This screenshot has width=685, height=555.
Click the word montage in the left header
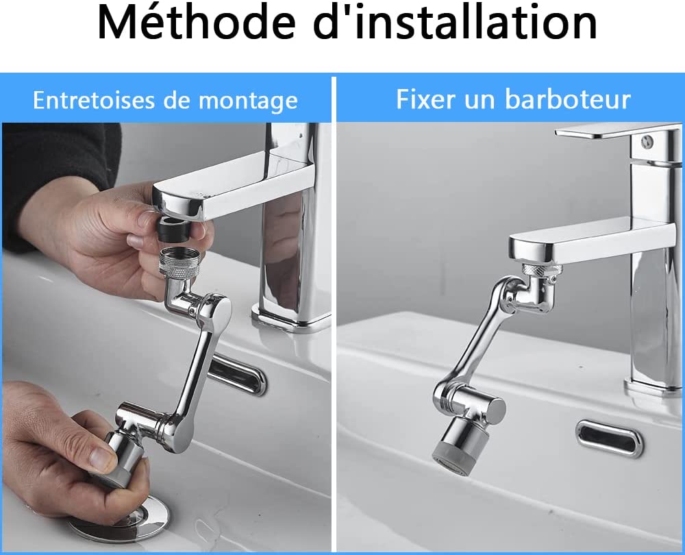coord(248,101)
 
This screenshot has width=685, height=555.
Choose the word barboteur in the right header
coord(568,99)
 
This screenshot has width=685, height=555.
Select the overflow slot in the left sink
coord(236,376)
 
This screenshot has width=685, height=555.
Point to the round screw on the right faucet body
coord(648,141)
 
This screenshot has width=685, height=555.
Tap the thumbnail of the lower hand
coord(100,458)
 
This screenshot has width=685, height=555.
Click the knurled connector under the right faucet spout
coord(540,272)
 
